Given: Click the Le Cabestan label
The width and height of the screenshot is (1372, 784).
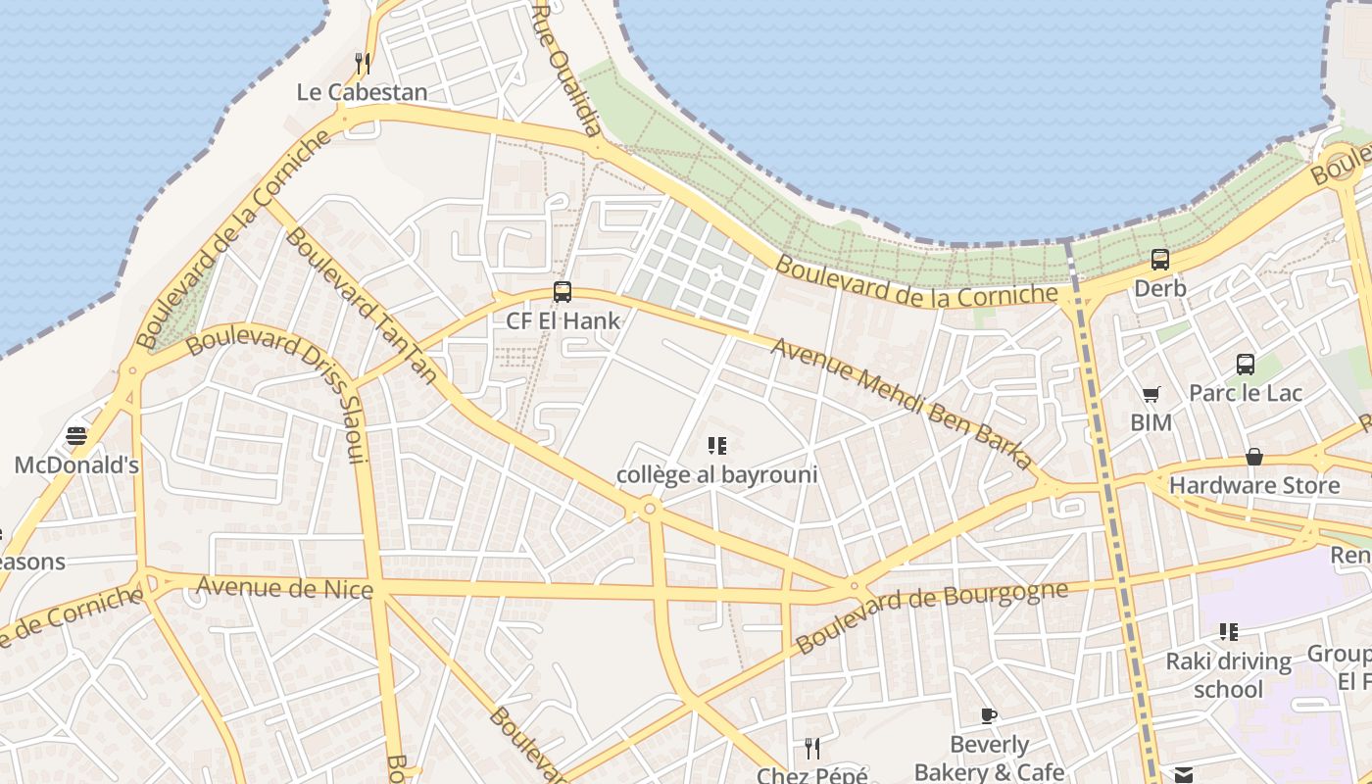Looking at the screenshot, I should click(x=363, y=92).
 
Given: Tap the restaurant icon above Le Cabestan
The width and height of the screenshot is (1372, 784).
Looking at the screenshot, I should click(x=363, y=64).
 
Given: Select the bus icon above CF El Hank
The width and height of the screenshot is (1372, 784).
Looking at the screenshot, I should click(x=563, y=292).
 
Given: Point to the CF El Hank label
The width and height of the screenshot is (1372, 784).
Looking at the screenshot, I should click(x=563, y=320).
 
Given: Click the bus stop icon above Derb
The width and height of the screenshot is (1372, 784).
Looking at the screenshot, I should click(x=1160, y=260).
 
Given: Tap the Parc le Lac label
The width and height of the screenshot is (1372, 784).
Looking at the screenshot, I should click(x=1246, y=393).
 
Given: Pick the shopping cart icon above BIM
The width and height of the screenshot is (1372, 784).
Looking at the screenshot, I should click(x=1151, y=395).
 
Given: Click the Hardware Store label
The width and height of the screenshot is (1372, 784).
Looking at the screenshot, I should click(x=1254, y=485).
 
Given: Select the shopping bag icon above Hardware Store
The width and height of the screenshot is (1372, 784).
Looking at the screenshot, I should click(x=1254, y=457).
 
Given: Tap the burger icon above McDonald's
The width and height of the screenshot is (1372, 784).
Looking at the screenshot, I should click(x=76, y=436).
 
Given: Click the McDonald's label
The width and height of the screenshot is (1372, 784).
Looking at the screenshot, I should click(x=76, y=465).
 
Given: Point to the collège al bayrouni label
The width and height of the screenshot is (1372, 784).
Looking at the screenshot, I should click(x=716, y=475).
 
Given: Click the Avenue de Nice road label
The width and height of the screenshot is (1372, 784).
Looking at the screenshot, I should click(x=285, y=588).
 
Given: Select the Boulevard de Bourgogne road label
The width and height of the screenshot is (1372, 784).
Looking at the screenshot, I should click(x=931, y=616).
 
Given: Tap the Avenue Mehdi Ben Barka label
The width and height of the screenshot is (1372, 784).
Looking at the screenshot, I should click(x=901, y=402).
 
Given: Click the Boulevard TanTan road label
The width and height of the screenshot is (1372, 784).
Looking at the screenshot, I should click(x=362, y=305).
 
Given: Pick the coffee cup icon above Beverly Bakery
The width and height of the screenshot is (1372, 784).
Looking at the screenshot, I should click(x=989, y=716).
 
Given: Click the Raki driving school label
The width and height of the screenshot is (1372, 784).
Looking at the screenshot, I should click(x=1228, y=674).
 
